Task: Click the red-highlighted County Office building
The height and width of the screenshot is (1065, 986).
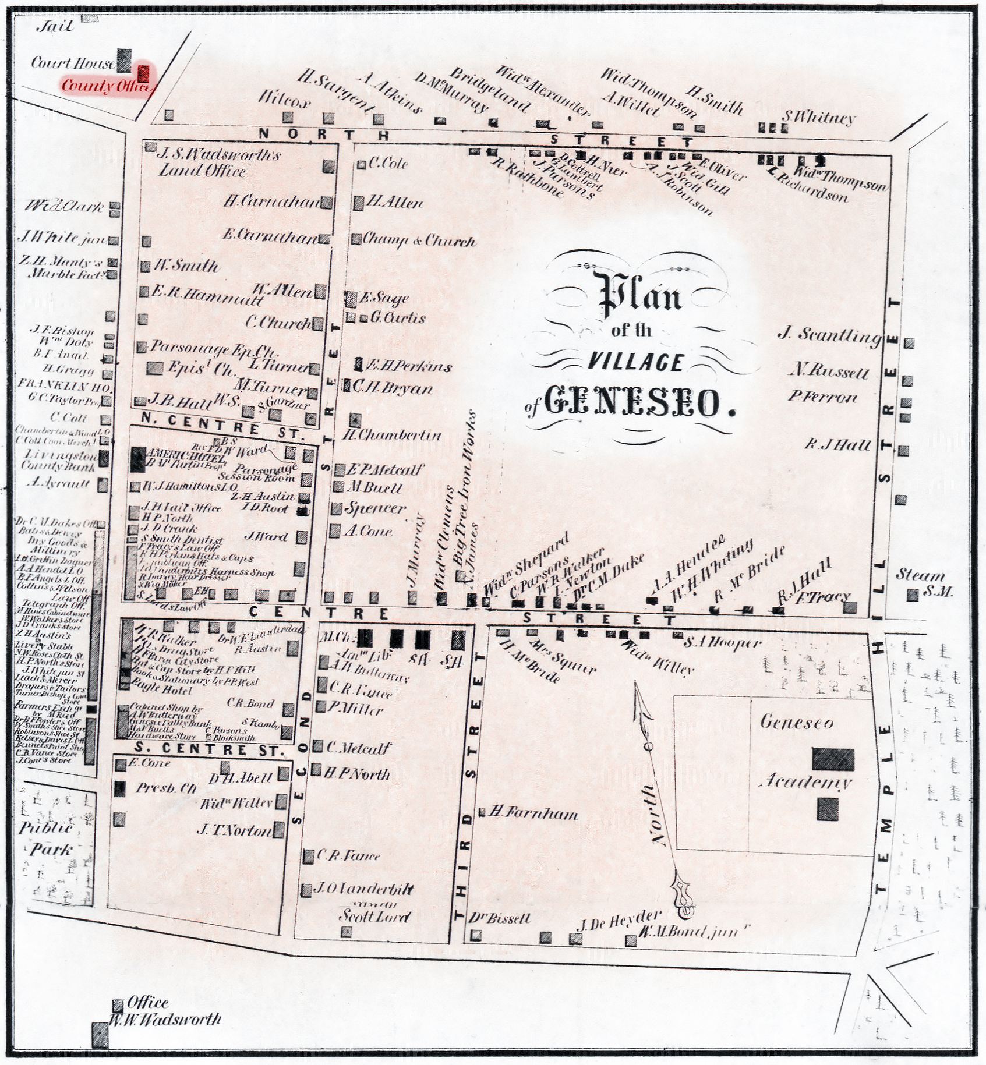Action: click(143, 74)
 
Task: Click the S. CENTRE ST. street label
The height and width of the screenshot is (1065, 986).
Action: click(209, 750)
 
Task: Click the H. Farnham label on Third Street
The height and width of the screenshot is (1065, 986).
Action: click(533, 813)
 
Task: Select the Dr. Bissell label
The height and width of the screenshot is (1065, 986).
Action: click(508, 918)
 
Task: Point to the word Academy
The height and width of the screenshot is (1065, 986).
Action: click(805, 781)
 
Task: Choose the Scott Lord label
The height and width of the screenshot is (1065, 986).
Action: click(374, 916)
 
